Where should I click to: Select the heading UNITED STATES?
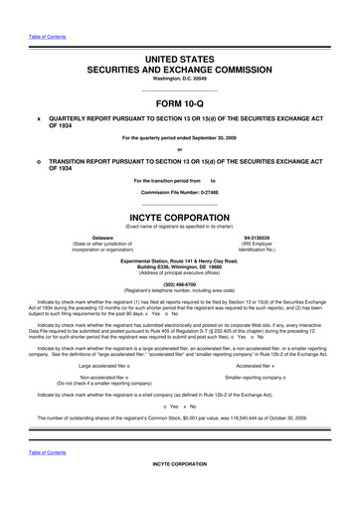tap(179, 62)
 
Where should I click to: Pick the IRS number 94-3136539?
tap(258, 239)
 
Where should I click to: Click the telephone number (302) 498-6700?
tap(179, 280)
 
